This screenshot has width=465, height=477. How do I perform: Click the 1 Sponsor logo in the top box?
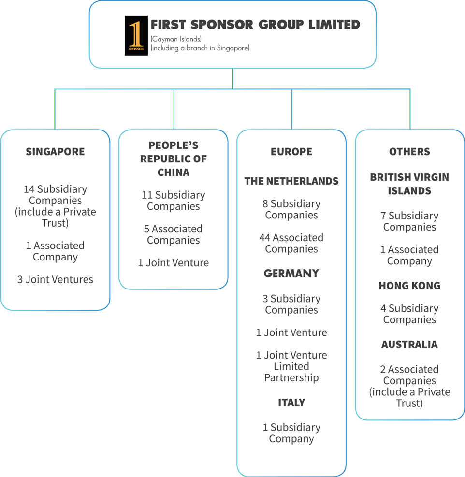[136, 36]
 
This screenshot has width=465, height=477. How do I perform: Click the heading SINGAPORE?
[55, 152]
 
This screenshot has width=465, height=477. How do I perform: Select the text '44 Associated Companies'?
[291, 243]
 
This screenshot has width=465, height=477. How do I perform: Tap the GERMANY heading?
[291, 274]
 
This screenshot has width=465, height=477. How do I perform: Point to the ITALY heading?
[291, 403]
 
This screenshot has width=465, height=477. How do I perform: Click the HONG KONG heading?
[409, 286]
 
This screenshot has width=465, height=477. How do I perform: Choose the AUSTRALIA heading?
[409, 345]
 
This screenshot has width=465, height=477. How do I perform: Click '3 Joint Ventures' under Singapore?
[55, 279]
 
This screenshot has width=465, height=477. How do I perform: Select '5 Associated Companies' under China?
[173, 234]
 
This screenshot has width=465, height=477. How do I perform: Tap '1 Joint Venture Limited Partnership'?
[291, 366]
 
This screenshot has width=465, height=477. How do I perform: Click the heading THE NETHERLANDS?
[291, 181]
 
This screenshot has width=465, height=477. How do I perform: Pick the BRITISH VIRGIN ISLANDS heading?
[409, 184]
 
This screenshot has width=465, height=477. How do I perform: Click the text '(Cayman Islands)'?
[176, 39]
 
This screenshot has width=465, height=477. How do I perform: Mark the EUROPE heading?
[291, 152]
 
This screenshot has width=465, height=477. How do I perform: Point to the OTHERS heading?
[409, 152]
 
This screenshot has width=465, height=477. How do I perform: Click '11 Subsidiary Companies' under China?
[173, 201]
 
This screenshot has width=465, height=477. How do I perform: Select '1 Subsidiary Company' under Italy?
[291, 433]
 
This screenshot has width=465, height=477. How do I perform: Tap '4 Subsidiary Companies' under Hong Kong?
[409, 314]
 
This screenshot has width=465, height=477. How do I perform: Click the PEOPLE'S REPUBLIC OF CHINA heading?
[173, 159]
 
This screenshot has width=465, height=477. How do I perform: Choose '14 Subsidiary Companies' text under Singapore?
[55, 195]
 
